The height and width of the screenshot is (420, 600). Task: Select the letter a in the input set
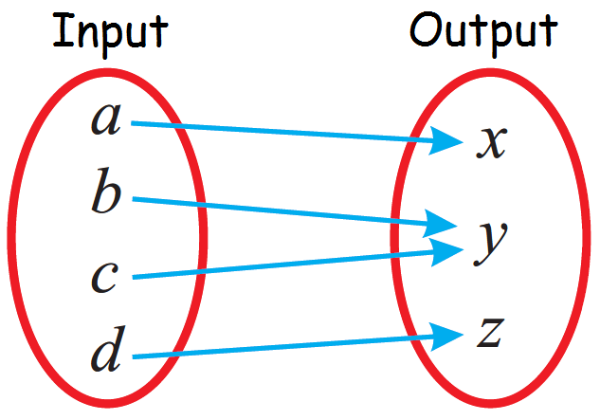(106, 119)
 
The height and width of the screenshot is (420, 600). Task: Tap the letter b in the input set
(106, 193)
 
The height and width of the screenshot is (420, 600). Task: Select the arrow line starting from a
(284, 132)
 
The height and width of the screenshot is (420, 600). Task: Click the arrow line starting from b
(284, 211)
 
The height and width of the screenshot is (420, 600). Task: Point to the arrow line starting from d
(284, 345)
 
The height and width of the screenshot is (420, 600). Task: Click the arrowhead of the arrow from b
(442, 226)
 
